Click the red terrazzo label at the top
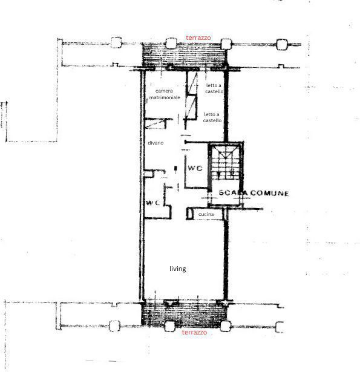(x=198, y=38)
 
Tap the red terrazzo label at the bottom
(x=194, y=333)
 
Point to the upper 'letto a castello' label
(x=214, y=88)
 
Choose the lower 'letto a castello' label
(x=212, y=117)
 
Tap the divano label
(x=155, y=143)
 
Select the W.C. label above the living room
(x=152, y=203)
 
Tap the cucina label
(x=206, y=215)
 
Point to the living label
(x=177, y=269)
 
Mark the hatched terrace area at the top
(x=183, y=58)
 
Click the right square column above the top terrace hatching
(x=226, y=44)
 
